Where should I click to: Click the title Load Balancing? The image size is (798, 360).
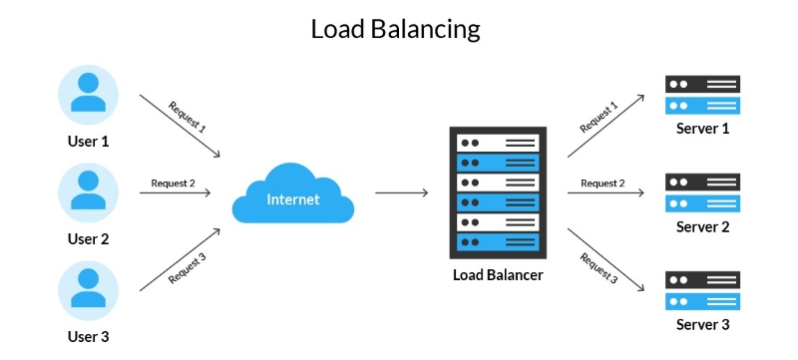(396, 29)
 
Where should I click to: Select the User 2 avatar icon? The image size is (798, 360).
(88, 192)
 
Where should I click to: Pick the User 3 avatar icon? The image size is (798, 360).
(88, 289)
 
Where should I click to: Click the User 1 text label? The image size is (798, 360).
(88, 142)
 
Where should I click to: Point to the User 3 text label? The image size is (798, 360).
(88, 337)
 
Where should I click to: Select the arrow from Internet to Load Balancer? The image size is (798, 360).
(401, 193)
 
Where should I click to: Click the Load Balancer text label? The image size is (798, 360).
(498, 274)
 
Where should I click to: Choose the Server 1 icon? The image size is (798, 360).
(703, 95)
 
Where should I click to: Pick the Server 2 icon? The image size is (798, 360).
(703, 192)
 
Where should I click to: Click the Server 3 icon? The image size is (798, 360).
(703, 289)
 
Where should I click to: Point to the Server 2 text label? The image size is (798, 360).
(703, 226)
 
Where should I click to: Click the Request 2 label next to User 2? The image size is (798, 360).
(173, 182)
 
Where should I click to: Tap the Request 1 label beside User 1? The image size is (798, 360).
(188, 118)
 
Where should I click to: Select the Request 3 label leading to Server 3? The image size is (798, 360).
(598, 267)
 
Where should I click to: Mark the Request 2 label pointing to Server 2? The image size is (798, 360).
(602, 182)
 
